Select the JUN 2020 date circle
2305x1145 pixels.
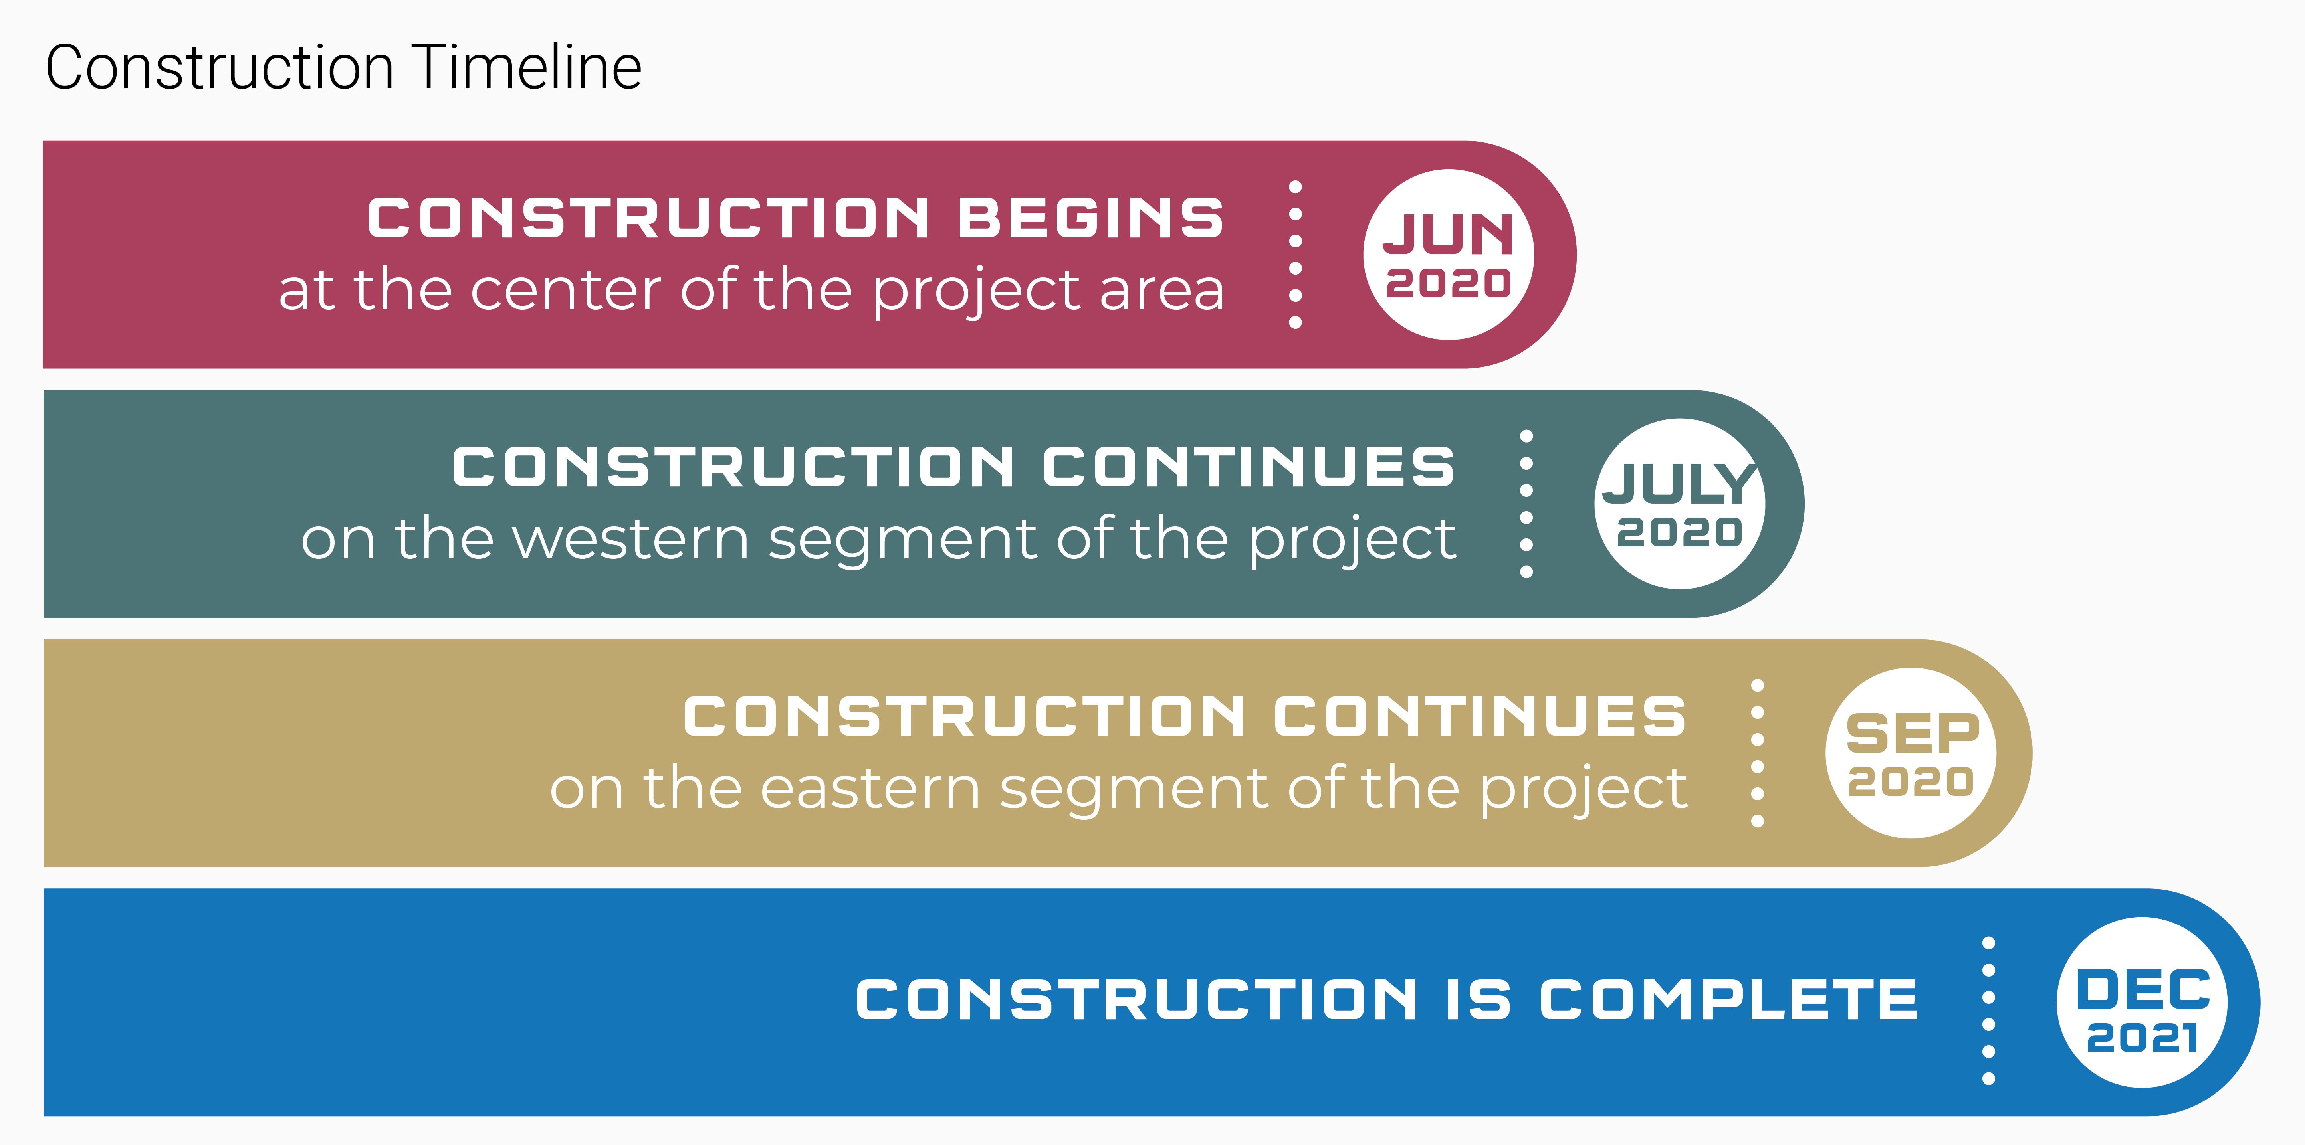click(x=1449, y=255)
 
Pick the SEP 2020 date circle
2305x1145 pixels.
click(x=1911, y=753)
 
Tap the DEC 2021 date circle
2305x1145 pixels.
click(x=2142, y=1002)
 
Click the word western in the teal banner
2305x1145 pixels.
click(x=631, y=540)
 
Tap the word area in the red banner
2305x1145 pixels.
click(x=1161, y=292)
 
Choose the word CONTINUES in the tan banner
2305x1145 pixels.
click(x=1481, y=716)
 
